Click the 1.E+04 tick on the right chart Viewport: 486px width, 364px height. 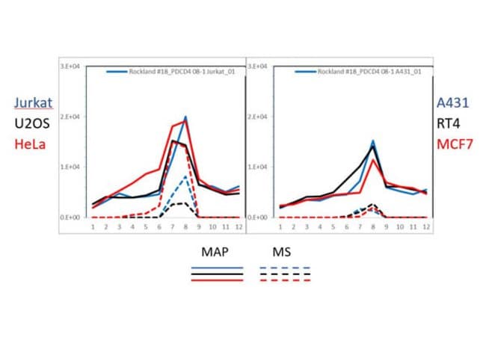click(x=261, y=167)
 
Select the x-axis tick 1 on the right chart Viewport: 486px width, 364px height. click(x=280, y=225)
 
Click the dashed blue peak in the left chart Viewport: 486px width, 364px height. click(x=185, y=176)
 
